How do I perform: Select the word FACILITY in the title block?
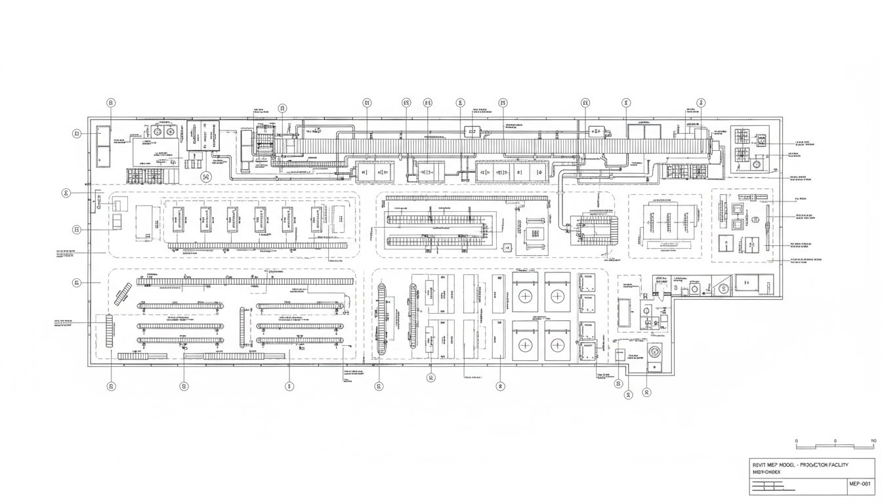coord(833,465)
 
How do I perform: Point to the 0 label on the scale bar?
coord(796,441)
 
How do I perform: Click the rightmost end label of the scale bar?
coord(873,441)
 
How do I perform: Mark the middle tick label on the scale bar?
coord(835,441)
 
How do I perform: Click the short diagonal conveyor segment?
coord(123,295)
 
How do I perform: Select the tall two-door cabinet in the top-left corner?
coord(104,145)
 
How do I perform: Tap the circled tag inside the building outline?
coord(206,176)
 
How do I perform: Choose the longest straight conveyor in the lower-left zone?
coord(244,281)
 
